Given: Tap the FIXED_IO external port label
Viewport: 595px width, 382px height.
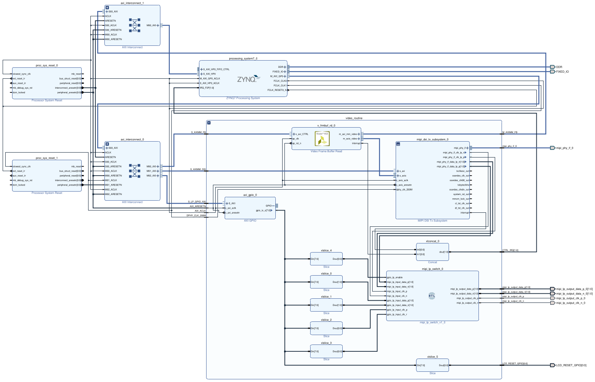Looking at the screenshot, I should click(x=562, y=72).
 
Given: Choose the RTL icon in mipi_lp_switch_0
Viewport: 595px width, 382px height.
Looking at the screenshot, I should click(x=432, y=296).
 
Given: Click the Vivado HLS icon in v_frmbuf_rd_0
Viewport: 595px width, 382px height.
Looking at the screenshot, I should click(x=322, y=139).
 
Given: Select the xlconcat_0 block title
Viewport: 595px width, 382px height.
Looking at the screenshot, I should click(x=432, y=241).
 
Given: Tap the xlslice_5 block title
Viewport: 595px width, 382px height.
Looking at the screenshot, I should click(x=432, y=357).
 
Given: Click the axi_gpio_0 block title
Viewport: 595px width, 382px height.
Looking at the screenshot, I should click(x=250, y=195).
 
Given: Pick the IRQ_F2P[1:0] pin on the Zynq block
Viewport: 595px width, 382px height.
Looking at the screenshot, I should click(x=207, y=88).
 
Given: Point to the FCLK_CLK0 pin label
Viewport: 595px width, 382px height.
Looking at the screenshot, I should click(x=280, y=81).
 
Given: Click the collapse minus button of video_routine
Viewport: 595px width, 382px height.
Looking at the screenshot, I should click(x=209, y=123).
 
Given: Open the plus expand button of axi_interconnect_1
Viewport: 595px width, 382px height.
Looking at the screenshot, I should click(x=107, y=8).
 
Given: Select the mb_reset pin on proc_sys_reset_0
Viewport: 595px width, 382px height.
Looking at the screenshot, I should click(x=76, y=74).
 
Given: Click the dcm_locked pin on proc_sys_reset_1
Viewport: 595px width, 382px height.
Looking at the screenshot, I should click(x=19, y=185).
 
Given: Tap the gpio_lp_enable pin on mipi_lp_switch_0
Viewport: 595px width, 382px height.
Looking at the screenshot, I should click(x=395, y=278).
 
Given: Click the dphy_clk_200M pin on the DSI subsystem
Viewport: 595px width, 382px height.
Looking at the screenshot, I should click(x=404, y=190).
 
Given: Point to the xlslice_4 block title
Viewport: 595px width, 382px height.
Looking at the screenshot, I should click(x=326, y=250).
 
